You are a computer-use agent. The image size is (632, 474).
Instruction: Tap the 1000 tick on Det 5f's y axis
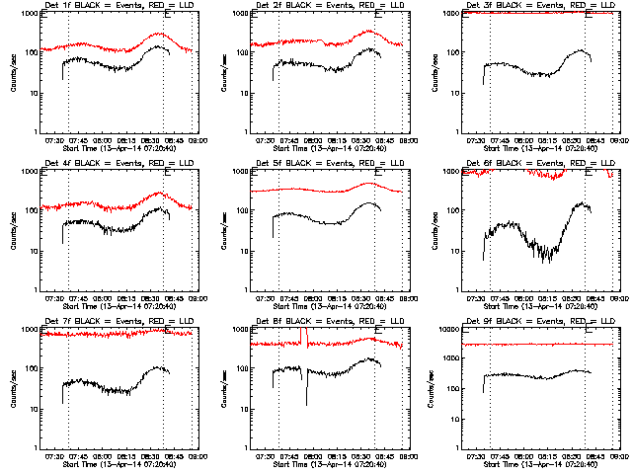tap(241, 172)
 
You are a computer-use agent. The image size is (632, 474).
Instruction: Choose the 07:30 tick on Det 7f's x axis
tap(54, 455)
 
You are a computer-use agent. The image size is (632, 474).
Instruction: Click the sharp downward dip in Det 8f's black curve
tap(306, 402)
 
